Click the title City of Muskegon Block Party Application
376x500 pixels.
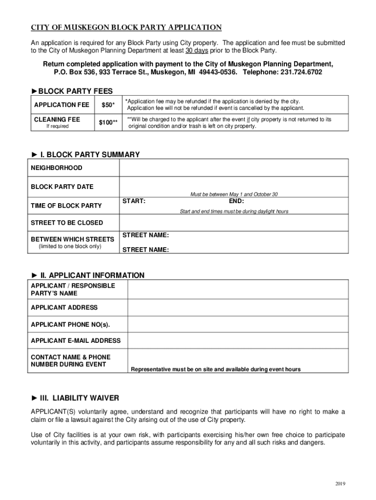[126, 27]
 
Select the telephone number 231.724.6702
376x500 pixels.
[301, 72]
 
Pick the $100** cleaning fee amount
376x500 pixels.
[108, 123]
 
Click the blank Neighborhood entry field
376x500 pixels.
[233, 168]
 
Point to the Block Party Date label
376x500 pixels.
[62, 187]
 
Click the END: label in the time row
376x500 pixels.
[236, 201]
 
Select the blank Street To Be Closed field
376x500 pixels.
[233, 223]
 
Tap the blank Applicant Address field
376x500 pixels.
[238, 308]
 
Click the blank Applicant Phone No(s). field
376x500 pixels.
[238, 325]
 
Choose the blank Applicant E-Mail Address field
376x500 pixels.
[238, 340]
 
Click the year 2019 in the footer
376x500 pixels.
[340, 484]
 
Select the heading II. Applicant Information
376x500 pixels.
[87, 275]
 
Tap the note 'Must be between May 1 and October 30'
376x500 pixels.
[234, 194]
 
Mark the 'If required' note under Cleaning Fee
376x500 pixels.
[58, 126]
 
